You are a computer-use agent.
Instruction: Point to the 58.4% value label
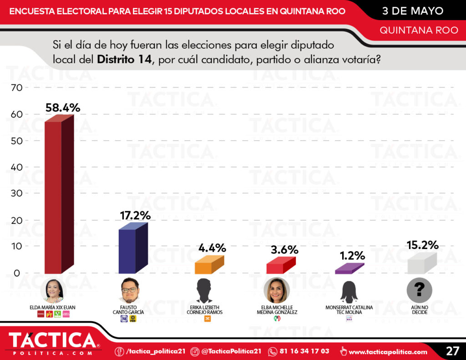pyautogui.click(x=63, y=108)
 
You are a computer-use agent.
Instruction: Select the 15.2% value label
pyautogui.click(x=423, y=245)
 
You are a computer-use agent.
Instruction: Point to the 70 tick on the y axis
pyautogui.click(x=16, y=88)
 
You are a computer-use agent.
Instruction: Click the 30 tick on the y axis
pyautogui.click(x=16, y=194)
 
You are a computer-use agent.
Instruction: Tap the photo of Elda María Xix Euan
pyautogui.click(x=54, y=291)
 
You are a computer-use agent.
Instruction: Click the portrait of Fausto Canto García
pyautogui.click(x=129, y=291)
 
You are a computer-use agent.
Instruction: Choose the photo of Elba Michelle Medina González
pyautogui.click(x=277, y=290)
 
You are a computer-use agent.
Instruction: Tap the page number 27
pyautogui.click(x=452, y=351)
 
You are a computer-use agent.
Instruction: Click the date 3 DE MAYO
pyautogui.click(x=413, y=11)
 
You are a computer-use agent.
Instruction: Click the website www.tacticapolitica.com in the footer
pyautogui.click(x=388, y=351)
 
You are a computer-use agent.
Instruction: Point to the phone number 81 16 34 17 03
pyautogui.click(x=304, y=351)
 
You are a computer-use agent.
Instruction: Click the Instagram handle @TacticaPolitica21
pyautogui.click(x=231, y=351)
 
